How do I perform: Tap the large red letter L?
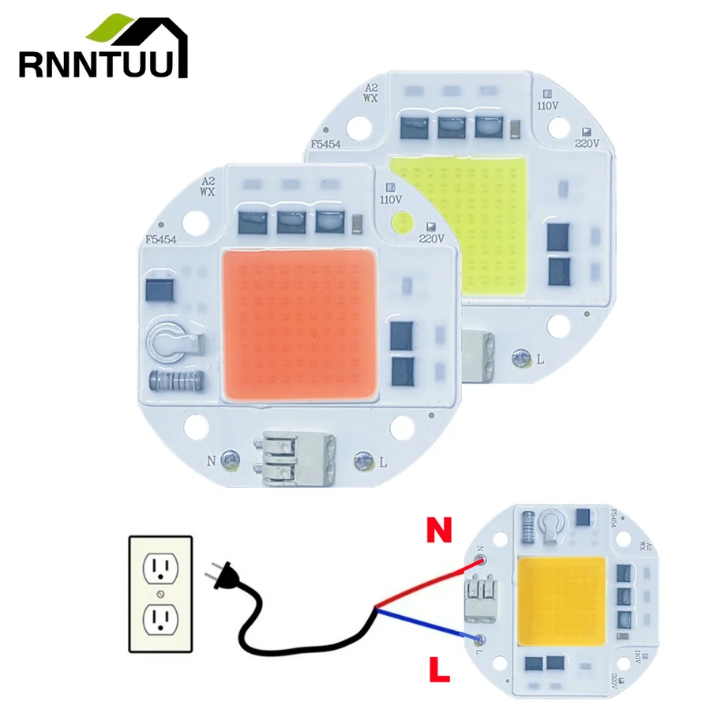(439, 671)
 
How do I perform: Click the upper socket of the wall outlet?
(160, 566)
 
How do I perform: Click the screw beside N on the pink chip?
(230, 458)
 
